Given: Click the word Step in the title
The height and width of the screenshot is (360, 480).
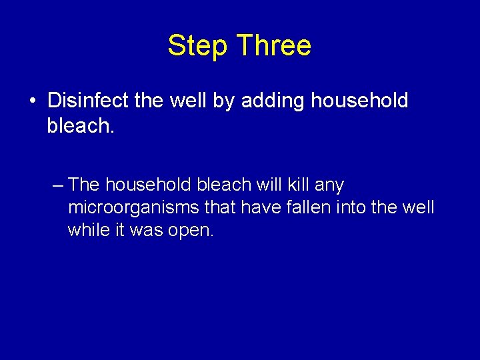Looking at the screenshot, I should click(197, 46).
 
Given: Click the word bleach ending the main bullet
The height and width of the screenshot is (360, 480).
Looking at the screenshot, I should click(81, 126).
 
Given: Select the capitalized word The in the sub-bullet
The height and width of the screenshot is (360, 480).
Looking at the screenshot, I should click(84, 184).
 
